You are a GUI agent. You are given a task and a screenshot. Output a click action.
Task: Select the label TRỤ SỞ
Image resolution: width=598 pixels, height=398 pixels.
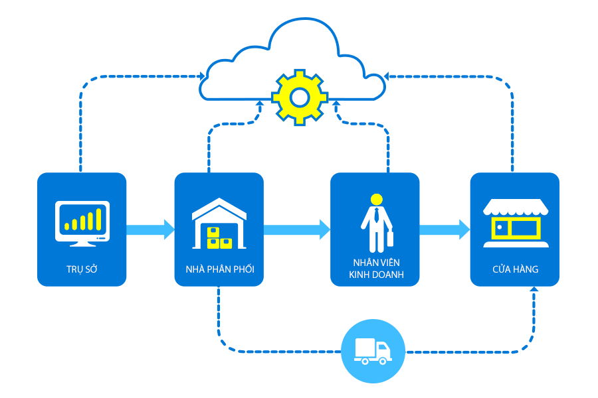point(82,269)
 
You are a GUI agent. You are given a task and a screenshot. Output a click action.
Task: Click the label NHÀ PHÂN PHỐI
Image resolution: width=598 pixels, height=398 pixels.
point(219,269)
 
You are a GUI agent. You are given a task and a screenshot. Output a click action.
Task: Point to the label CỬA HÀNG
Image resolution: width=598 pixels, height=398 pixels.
point(515,269)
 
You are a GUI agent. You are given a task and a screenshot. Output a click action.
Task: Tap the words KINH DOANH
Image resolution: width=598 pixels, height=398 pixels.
point(375,274)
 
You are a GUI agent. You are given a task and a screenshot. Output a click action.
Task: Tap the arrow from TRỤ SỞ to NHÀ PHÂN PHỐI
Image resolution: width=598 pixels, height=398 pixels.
point(150,230)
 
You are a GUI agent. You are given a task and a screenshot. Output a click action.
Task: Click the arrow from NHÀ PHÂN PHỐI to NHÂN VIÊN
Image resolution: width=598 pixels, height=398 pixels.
point(297,230)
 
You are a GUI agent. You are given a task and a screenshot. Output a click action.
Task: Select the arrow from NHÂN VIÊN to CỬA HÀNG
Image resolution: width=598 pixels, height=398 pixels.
point(445,230)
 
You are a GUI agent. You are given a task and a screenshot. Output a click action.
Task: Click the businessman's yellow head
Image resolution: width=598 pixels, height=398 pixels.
point(377,198)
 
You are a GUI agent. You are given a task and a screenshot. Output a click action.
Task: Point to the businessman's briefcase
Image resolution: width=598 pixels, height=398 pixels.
point(389,238)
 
